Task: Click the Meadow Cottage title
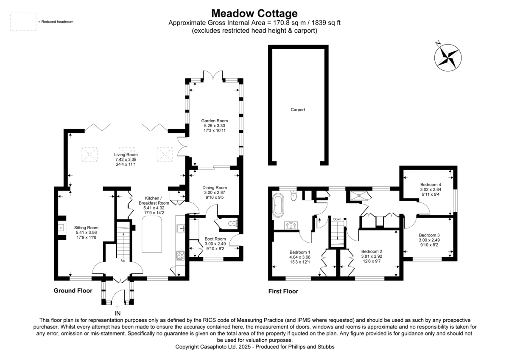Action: coord(254,14)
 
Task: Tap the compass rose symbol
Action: coord(447,57)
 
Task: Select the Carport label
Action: coord(298,110)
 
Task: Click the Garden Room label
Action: coord(214,121)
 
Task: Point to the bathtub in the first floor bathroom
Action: coord(278,205)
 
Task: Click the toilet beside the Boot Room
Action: coord(233,224)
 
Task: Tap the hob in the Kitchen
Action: coord(181,256)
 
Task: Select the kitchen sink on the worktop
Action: coord(181,228)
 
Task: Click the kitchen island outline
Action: coord(152,234)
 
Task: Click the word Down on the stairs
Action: coord(337,219)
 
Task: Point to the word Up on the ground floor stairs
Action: coord(123,260)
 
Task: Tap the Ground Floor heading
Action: coord(73,291)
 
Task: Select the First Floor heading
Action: coord(283,291)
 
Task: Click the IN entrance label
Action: coord(117,313)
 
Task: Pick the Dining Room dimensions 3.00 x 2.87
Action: coord(215,192)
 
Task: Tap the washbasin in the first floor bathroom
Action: coord(291,226)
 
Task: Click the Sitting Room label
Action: coord(86,228)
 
